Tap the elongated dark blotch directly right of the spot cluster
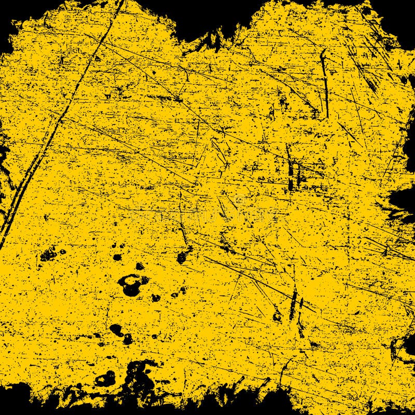tap(183, 255)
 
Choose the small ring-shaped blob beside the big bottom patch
tap(106, 379)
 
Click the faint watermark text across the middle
tap(208, 213)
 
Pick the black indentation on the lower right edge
tap(405, 348)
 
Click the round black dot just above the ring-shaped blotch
tap(140, 266)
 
